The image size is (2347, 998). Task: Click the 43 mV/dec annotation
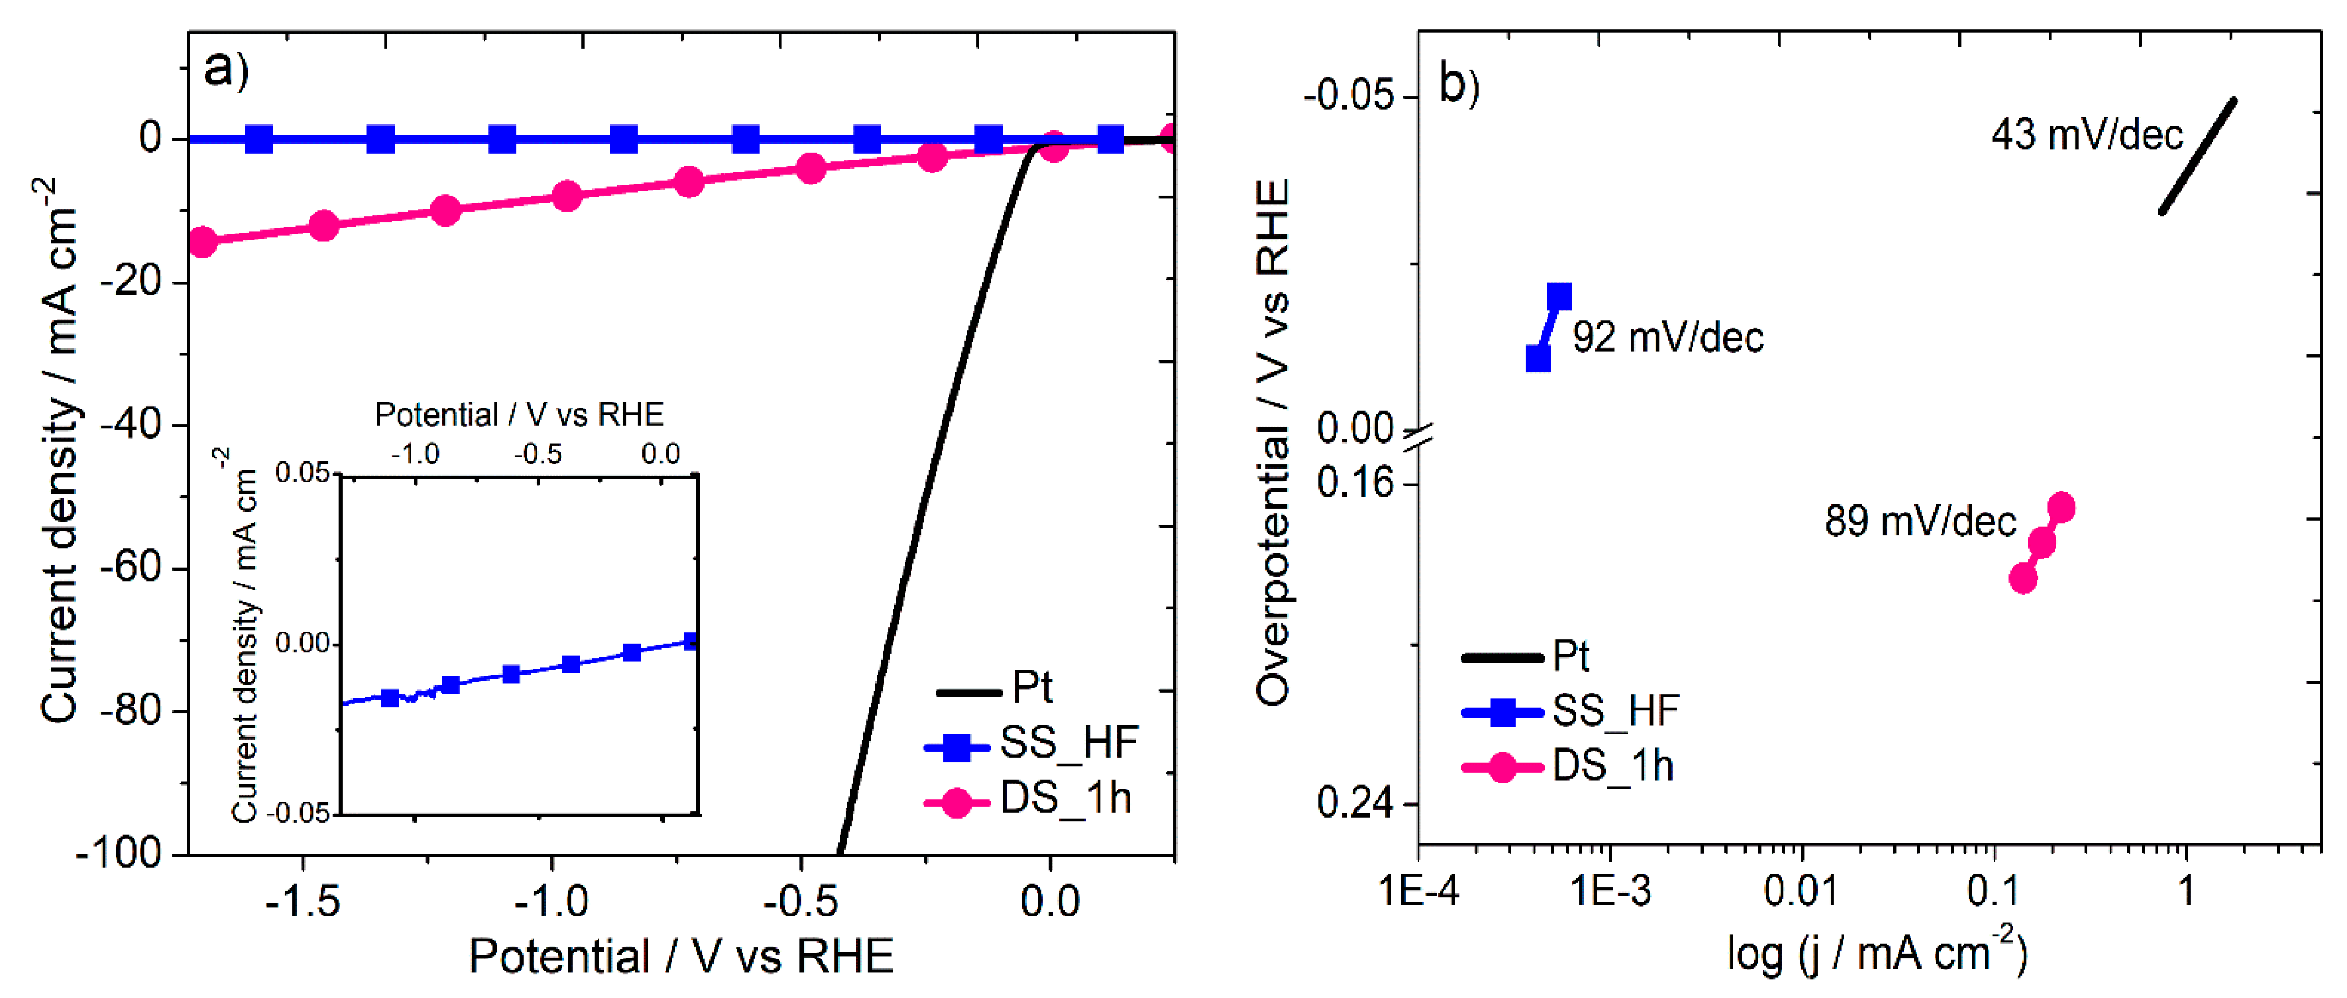click(x=2086, y=135)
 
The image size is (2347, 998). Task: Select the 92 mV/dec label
click(x=1667, y=337)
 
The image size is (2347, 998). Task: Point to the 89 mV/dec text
click(x=1920, y=521)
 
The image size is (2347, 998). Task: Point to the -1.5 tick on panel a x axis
click(x=303, y=902)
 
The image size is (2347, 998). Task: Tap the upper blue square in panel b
click(x=1559, y=296)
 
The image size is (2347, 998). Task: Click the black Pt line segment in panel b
click(x=2198, y=156)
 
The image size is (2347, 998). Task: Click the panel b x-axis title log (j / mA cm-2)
click(x=1877, y=953)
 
